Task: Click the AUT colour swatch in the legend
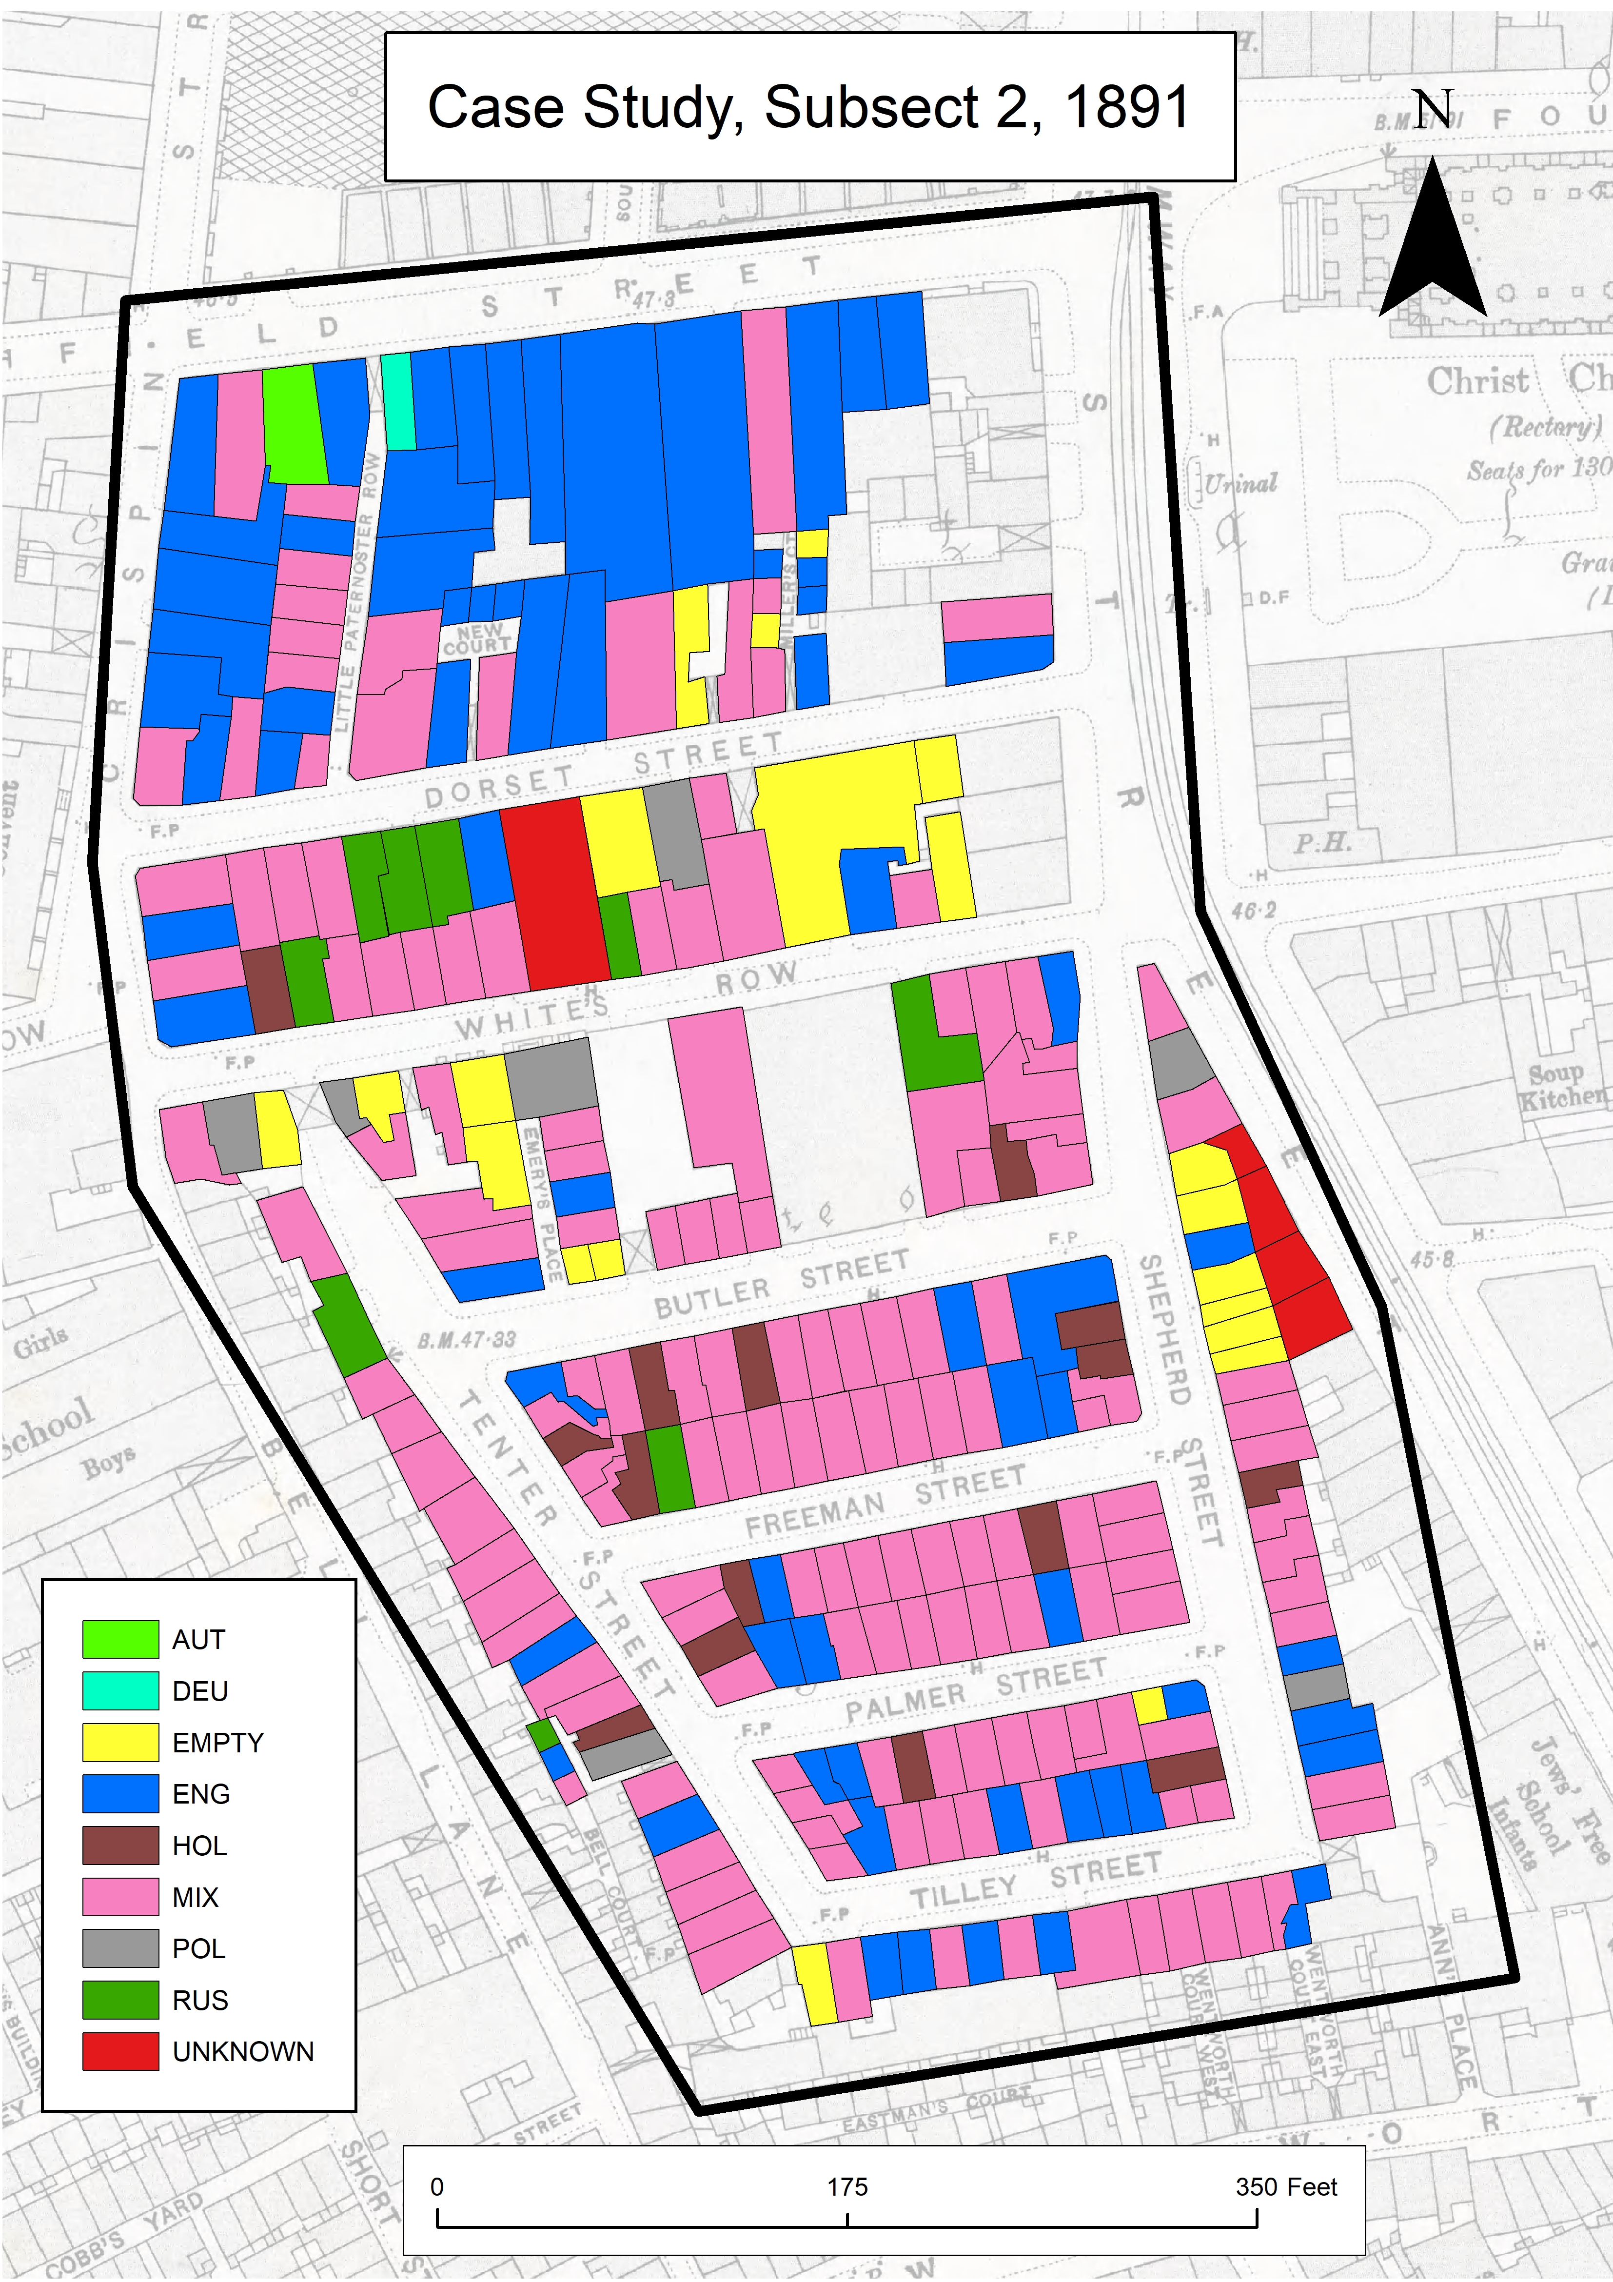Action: click(120, 1639)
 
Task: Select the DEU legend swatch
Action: click(120, 1690)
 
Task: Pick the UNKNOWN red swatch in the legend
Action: click(120, 2051)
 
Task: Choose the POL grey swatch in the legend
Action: click(120, 1948)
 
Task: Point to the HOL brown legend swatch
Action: click(120, 1845)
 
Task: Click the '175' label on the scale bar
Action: click(847, 2186)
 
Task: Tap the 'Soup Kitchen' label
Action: click(1562, 1085)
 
